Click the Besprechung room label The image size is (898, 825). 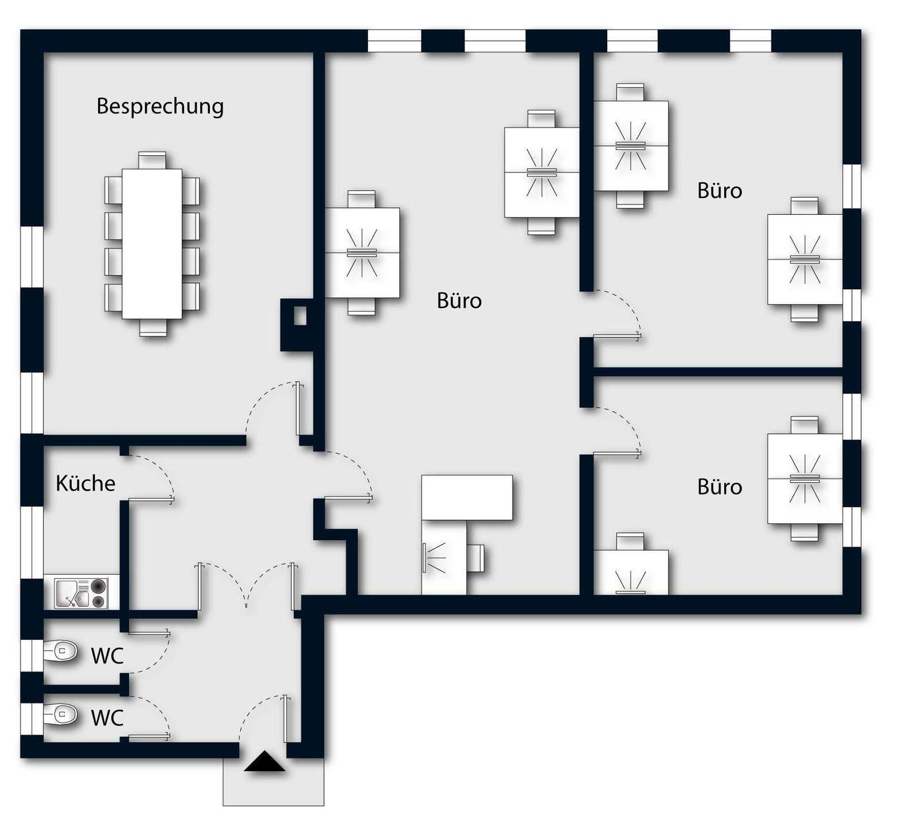(x=160, y=107)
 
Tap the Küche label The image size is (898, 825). (x=85, y=484)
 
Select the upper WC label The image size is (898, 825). (x=107, y=656)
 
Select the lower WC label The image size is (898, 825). (x=107, y=718)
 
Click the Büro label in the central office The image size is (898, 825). (x=459, y=301)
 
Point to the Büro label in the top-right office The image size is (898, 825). (x=720, y=191)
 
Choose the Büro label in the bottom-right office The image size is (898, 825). (x=720, y=487)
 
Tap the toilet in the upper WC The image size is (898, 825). (x=61, y=651)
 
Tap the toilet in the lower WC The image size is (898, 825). (x=61, y=714)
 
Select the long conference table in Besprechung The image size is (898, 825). (x=152, y=243)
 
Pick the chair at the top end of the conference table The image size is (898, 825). (x=152, y=160)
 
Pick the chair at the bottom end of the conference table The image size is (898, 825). (x=153, y=327)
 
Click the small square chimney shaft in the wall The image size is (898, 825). (x=300, y=316)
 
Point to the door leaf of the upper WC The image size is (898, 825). (x=149, y=633)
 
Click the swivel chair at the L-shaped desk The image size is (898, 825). (x=475, y=558)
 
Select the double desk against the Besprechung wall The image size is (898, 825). (x=362, y=253)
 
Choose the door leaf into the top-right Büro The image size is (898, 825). (x=617, y=337)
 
